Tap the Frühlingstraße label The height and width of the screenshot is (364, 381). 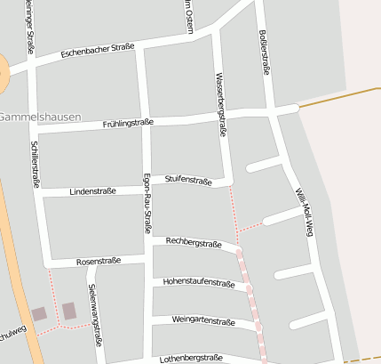click(128, 124)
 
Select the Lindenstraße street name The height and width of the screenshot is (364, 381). click(93, 191)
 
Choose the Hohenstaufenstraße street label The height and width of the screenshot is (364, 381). click(199, 283)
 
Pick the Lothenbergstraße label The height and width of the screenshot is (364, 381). click(191, 358)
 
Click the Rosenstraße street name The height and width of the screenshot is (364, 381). click(98, 262)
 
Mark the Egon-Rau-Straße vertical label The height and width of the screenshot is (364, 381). click(146, 203)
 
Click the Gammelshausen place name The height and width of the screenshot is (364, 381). click(40, 117)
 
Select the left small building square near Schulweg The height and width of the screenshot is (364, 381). click(38, 314)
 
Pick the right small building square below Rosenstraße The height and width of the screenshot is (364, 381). click(68, 311)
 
